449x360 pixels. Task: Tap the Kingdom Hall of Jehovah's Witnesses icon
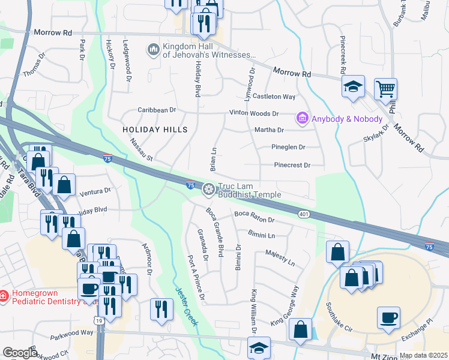pos(153,49)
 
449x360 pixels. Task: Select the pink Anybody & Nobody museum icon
pos(303,119)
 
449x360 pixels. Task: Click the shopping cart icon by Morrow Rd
pos(385,89)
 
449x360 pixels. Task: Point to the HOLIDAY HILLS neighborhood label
pos(155,130)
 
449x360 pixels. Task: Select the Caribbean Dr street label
pos(157,110)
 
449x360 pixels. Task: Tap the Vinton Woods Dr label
pos(254,113)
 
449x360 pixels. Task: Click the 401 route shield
pos(304,214)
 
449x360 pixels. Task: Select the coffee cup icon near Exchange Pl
pos(388,317)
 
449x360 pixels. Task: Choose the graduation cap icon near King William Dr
pos(259,348)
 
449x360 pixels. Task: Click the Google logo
pos(20,353)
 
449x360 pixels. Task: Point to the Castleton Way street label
pos(274,97)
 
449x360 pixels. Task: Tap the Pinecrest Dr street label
pos(292,165)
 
